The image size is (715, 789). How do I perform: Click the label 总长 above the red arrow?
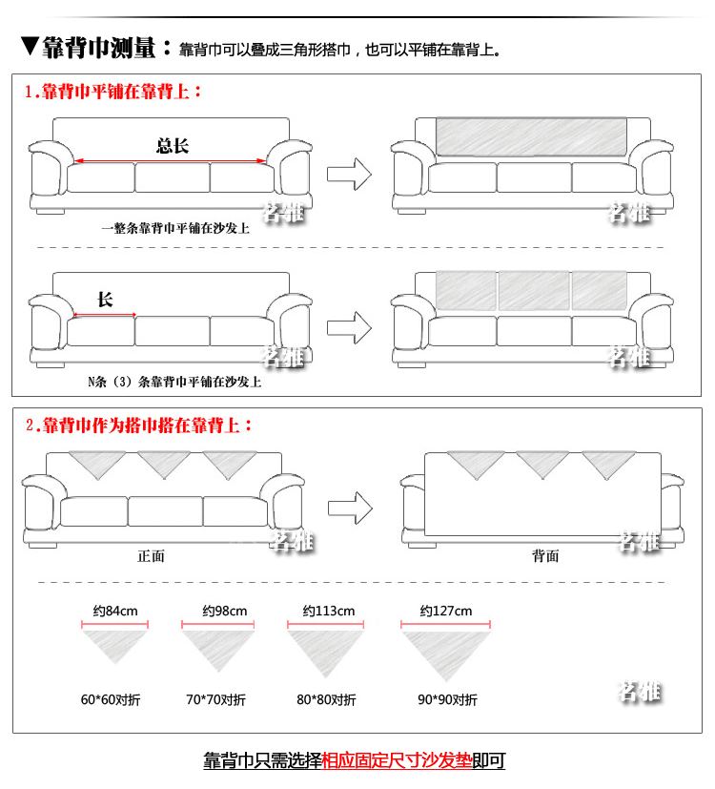(173, 145)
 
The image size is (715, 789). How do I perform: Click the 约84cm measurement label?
(114, 611)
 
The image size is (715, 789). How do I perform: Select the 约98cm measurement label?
(225, 611)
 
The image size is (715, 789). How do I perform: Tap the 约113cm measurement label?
(328, 611)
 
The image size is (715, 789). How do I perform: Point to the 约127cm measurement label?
(446, 611)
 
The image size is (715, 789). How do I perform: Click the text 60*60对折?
(111, 699)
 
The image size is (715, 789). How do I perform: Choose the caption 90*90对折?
(447, 699)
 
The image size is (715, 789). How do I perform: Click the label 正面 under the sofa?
(152, 556)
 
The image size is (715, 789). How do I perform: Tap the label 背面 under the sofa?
(545, 556)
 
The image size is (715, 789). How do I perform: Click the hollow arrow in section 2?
(349, 505)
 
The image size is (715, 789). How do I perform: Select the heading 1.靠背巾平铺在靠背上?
(113, 93)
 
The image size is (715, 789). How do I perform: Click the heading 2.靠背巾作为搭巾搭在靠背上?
(139, 426)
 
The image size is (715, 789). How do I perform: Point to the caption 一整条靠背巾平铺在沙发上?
(175, 229)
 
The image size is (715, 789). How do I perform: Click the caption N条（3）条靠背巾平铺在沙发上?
(174, 382)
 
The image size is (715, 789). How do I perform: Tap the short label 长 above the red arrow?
(105, 300)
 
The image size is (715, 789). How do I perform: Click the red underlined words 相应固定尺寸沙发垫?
(398, 761)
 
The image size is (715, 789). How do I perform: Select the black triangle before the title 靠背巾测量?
(29, 46)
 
